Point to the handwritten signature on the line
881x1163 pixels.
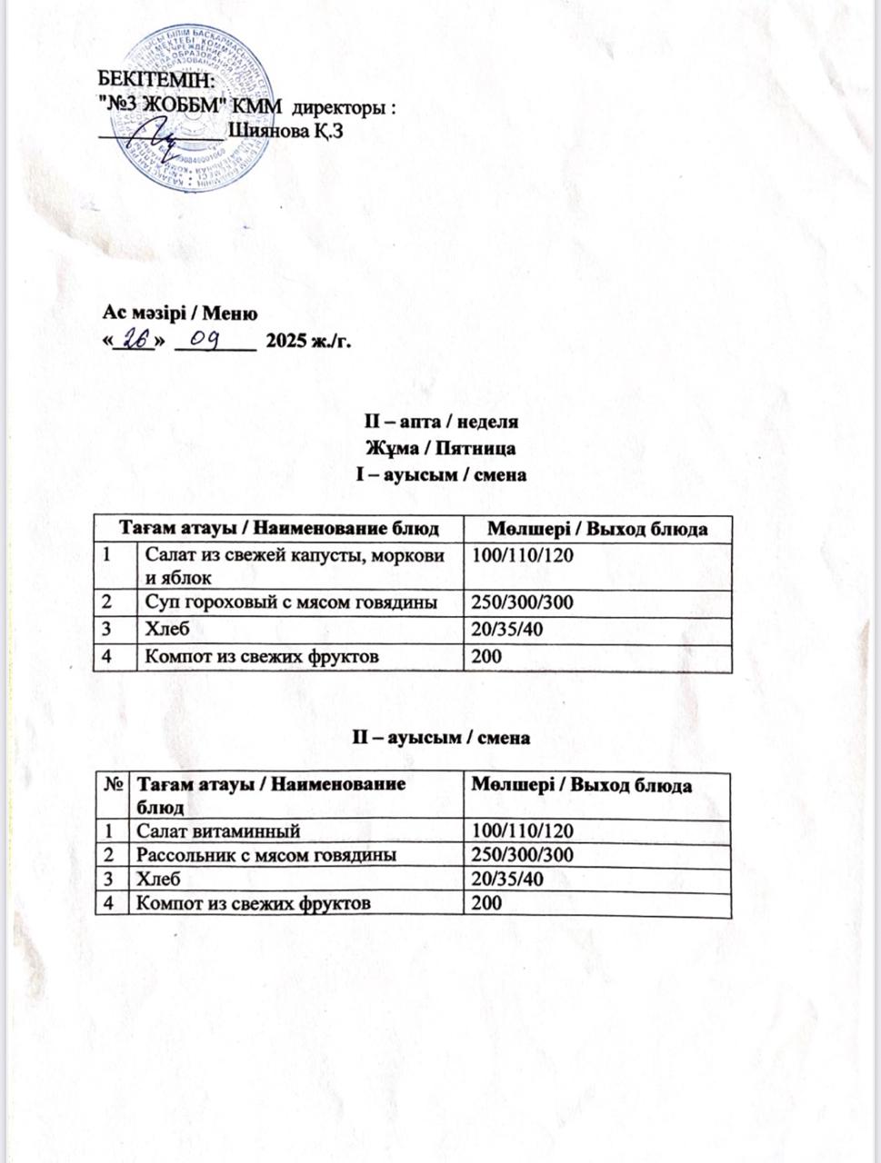155,137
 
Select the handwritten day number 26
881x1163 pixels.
135,340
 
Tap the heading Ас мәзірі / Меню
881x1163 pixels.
180,313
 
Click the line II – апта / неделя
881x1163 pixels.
440,422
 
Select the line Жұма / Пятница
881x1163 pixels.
440,448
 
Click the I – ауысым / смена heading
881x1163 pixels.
440,474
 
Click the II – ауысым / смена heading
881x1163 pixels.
440,738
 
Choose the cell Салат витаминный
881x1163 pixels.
218,830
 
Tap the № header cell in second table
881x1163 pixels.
113,785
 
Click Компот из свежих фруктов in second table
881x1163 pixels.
253,903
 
